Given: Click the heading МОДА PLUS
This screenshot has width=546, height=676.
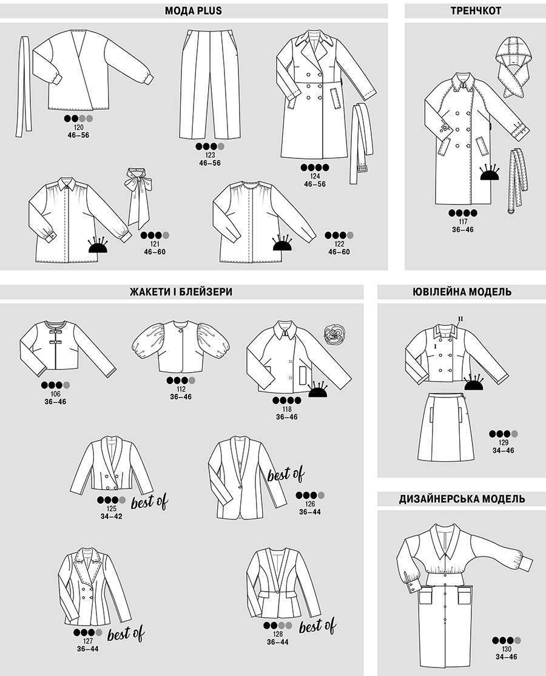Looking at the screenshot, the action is (193, 11).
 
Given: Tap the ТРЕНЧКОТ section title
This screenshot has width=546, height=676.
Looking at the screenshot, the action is (476, 11).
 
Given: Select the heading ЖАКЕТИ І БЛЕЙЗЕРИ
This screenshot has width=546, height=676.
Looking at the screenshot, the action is (181, 292).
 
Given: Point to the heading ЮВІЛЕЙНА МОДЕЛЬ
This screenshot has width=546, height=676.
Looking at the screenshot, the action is (462, 292).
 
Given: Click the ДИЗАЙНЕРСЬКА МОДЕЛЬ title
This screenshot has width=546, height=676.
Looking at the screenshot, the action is (462, 499).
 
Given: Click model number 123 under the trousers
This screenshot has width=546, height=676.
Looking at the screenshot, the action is (210, 155).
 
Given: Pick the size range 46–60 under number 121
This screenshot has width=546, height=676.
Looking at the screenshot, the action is (155, 252).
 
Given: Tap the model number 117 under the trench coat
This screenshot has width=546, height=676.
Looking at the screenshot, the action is (463, 222).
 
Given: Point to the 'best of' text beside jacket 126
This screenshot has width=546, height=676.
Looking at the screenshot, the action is (286, 475).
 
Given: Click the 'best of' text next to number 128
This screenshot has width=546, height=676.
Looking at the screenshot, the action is (317, 626).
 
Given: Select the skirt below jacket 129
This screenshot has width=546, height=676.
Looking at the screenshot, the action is (445, 427).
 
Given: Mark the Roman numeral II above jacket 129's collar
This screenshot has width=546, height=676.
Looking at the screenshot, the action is (460, 319).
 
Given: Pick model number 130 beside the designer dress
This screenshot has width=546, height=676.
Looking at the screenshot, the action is (507, 649).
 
